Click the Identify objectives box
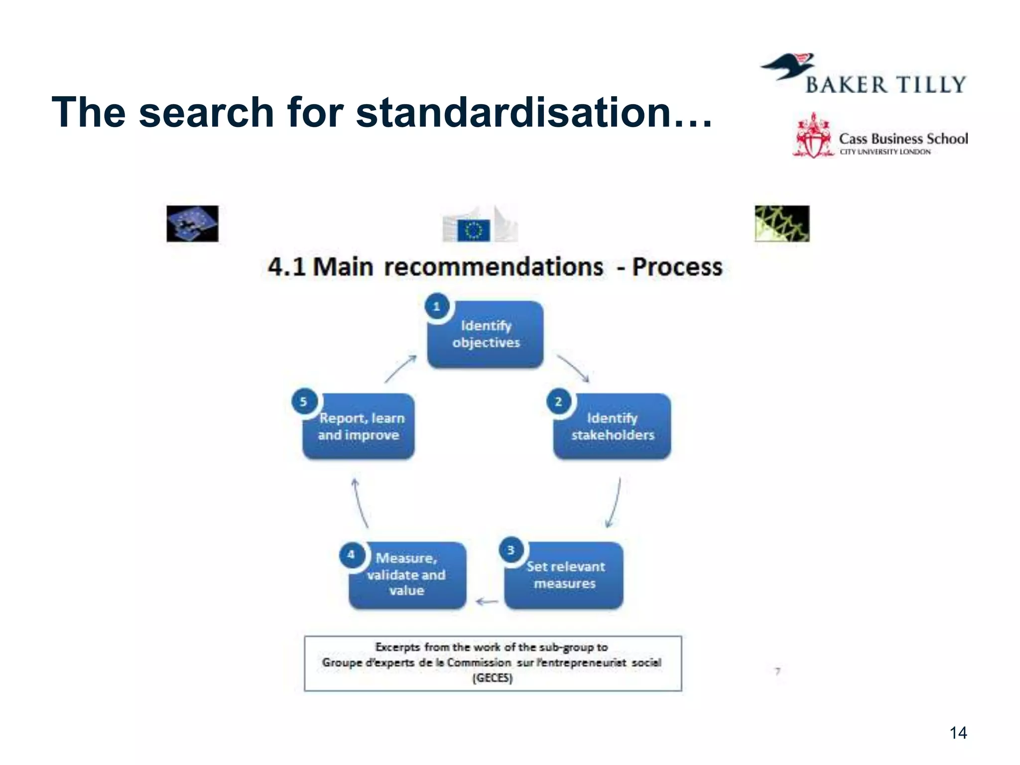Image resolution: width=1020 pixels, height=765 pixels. click(x=486, y=335)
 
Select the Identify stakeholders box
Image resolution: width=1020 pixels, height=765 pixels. click(x=612, y=427)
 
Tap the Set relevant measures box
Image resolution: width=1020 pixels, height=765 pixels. click(x=564, y=575)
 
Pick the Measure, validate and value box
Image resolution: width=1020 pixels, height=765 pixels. click(x=407, y=575)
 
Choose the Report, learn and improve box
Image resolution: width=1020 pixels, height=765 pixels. click(x=359, y=427)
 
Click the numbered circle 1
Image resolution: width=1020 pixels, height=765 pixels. click(x=437, y=306)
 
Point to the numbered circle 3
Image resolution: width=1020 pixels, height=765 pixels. click(x=510, y=550)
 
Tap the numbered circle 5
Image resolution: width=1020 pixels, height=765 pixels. click(x=303, y=401)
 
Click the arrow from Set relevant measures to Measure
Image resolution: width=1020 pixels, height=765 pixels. click(x=487, y=602)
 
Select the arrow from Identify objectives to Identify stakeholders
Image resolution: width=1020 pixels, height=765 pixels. click(x=573, y=369)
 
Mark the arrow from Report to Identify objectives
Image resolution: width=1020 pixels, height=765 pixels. click(x=400, y=369)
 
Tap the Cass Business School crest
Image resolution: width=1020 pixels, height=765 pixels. click(x=813, y=136)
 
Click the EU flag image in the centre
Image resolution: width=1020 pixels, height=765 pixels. click(x=474, y=231)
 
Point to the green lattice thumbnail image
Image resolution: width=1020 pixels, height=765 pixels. click(x=782, y=224)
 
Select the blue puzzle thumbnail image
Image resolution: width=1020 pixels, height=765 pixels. click(x=192, y=224)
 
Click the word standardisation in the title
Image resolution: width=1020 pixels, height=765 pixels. click(x=513, y=113)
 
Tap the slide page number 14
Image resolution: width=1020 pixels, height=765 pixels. click(x=958, y=733)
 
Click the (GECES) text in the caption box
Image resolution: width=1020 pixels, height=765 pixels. click(x=492, y=678)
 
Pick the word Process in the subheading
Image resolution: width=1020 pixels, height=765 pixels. click(x=677, y=267)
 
